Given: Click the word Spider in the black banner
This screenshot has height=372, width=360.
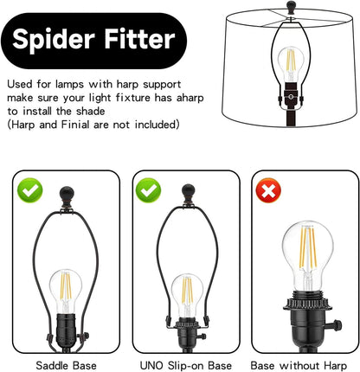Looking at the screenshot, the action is tap(54, 40).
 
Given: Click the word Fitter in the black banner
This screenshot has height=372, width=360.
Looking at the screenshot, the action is tap(139, 38).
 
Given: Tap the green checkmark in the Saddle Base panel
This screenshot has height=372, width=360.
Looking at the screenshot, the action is tap(30, 190).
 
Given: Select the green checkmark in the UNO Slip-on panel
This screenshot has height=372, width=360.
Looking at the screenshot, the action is tap(149, 190).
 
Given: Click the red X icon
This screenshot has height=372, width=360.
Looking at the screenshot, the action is tap(268, 190).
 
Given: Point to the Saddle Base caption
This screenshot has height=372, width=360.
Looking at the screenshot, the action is tap(66, 365).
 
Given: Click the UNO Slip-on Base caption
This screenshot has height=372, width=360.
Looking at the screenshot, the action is tap(186, 365).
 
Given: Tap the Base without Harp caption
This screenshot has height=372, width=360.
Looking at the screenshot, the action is tap(299, 365).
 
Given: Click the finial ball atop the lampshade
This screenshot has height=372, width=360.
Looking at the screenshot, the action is tap(292, 6).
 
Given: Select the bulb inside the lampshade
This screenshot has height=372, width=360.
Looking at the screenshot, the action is tap(291, 64).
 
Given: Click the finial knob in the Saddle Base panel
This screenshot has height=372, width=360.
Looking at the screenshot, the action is tap(67, 194).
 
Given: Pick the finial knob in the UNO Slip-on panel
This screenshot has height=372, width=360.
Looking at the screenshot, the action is tap(189, 191).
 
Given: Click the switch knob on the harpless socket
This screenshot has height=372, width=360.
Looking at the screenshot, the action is tap(337, 325).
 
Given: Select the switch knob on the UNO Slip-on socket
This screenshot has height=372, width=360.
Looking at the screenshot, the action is tap(202, 337).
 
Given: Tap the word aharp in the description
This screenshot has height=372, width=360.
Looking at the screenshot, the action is tap(190, 98).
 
